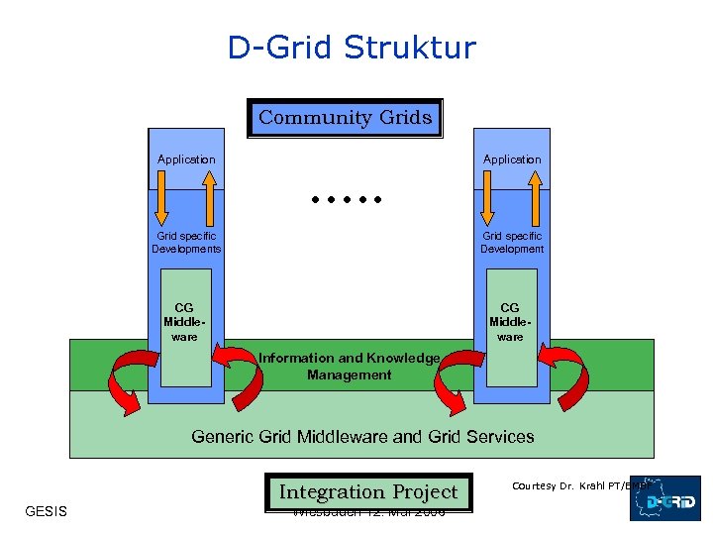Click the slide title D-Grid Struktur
(352, 47)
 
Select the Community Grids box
(345, 118)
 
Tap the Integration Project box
(367, 492)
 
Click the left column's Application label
(186, 160)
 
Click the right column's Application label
(512, 160)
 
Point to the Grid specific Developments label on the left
(186, 243)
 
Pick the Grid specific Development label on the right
(512, 243)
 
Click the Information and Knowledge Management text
(349, 367)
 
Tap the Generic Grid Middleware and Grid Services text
(362, 436)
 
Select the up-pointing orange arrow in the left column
(209, 198)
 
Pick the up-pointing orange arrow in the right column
(535, 198)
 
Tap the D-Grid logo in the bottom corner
(665, 498)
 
